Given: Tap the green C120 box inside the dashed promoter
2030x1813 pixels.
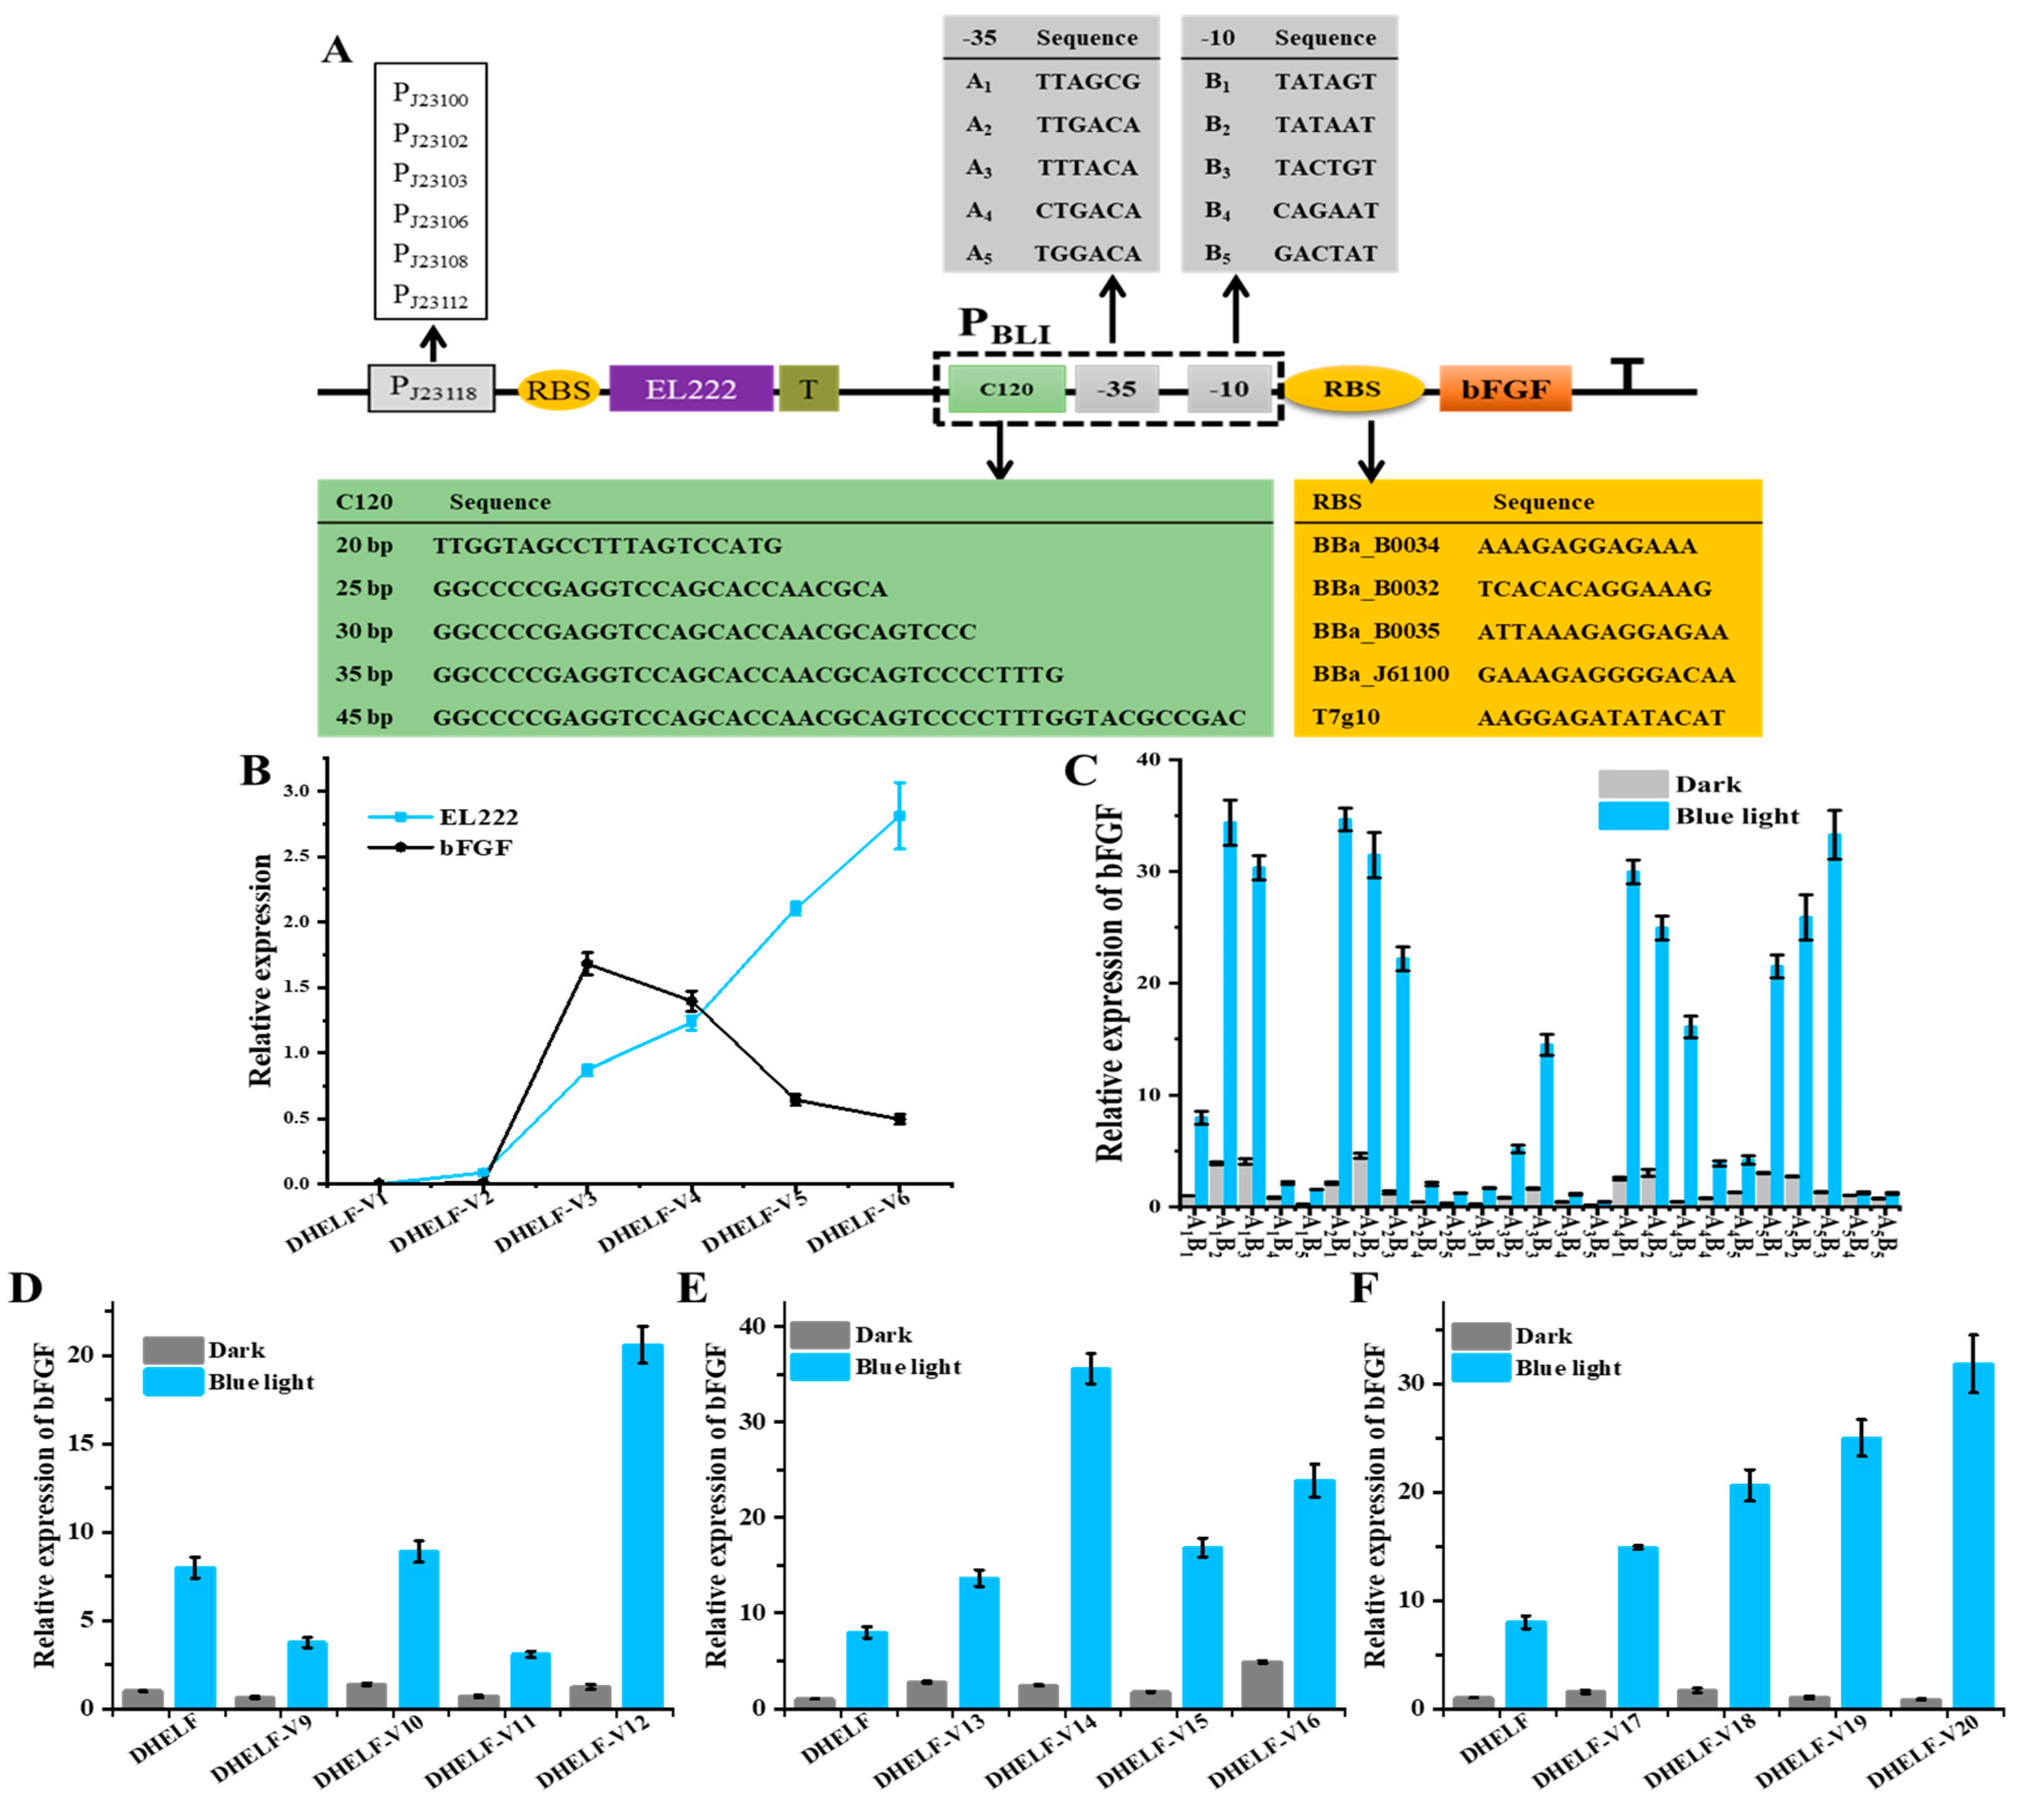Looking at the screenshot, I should coord(1006,389).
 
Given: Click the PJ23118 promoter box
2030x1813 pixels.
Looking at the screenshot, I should coord(432,389).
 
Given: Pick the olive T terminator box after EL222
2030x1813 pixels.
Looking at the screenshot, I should coord(808,389).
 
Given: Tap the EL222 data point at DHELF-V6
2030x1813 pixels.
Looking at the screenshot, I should coord(900,816).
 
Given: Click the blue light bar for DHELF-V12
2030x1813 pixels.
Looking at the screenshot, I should coord(642,1534).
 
